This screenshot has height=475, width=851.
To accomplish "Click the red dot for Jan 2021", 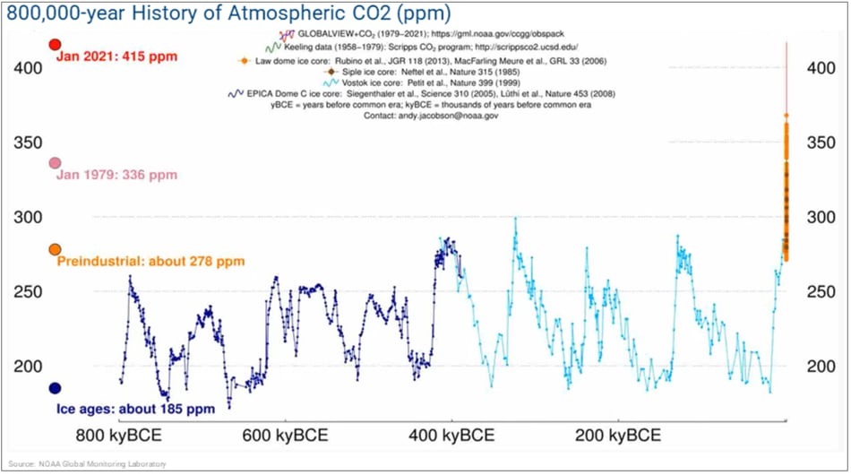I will pyautogui.click(x=55, y=45).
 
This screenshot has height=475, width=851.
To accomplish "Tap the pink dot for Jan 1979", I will pyautogui.click(x=55, y=163).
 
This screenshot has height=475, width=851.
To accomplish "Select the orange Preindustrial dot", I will pyautogui.click(x=55, y=249).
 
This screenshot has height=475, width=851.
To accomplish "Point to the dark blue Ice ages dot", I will pyautogui.click(x=55, y=388).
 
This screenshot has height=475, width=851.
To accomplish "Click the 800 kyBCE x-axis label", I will pyautogui.click(x=118, y=436).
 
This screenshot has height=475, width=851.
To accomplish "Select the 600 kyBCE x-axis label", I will pyautogui.click(x=285, y=436).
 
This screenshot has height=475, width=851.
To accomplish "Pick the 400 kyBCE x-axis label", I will pyautogui.click(x=451, y=436).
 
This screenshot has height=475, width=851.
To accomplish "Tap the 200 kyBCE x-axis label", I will pyautogui.click(x=618, y=436).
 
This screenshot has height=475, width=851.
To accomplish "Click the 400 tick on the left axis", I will pyautogui.click(x=31, y=68).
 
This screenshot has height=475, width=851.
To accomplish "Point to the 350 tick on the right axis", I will pyautogui.click(x=823, y=142).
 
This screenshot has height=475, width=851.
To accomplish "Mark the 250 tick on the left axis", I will pyautogui.click(x=31, y=291).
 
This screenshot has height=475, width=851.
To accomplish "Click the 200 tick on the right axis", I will pyautogui.click(x=823, y=366).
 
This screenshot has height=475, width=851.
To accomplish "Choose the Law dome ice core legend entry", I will pyautogui.click(x=421, y=60).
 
